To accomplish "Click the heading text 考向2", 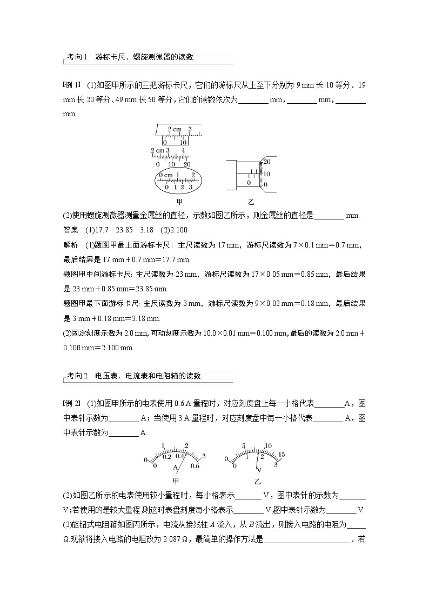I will click(77, 376).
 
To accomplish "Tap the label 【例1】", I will click(72, 84).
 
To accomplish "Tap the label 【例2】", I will click(72, 403).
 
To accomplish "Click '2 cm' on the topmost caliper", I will click(174, 129).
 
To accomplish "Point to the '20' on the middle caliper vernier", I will click(186, 164).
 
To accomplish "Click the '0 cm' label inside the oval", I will click(166, 175).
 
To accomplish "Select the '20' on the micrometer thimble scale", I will click(266, 162).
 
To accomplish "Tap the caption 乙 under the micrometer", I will click(251, 202).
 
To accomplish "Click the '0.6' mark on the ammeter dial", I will click(195, 465).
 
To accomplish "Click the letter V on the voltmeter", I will click(259, 469).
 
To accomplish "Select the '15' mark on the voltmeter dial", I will click(281, 453).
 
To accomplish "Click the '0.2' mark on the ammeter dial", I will click(167, 457).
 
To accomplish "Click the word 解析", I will click(71, 245).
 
